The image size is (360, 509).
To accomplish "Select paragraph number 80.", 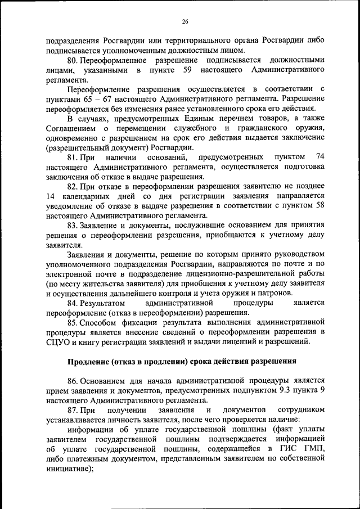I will [x=73, y=60].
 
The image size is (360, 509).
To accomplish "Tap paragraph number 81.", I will [x=73, y=156].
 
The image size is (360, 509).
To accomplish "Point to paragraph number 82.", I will [x=73, y=186].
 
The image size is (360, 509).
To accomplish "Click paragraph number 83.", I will [x=73, y=226].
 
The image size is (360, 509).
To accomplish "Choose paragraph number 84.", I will [x=73, y=303].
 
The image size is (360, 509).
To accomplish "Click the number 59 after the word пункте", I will [x=188, y=70].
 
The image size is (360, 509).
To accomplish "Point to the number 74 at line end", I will [x=319, y=156].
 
